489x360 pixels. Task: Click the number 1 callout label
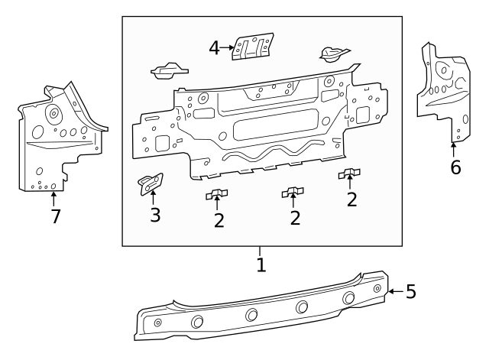tap(261, 265)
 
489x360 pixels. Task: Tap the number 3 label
tap(155, 215)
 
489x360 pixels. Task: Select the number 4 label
tap(215, 48)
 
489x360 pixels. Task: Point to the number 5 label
tap(410, 291)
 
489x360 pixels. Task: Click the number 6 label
tap(455, 167)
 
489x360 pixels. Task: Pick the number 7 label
tap(54, 216)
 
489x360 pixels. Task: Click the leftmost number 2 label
tap(219, 220)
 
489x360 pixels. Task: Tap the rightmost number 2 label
tap(351, 199)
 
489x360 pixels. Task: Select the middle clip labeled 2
tap(293, 192)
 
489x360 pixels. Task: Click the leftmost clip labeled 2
tap(217, 194)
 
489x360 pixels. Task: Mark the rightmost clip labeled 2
tap(349, 174)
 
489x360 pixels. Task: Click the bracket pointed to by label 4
tap(253, 45)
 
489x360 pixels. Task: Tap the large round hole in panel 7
tap(54, 115)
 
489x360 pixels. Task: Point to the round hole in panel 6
tap(443, 70)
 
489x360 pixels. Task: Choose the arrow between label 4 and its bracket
tap(227, 47)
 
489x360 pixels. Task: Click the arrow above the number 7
tap(53, 198)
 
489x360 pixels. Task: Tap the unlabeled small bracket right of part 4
tap(334, 53)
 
